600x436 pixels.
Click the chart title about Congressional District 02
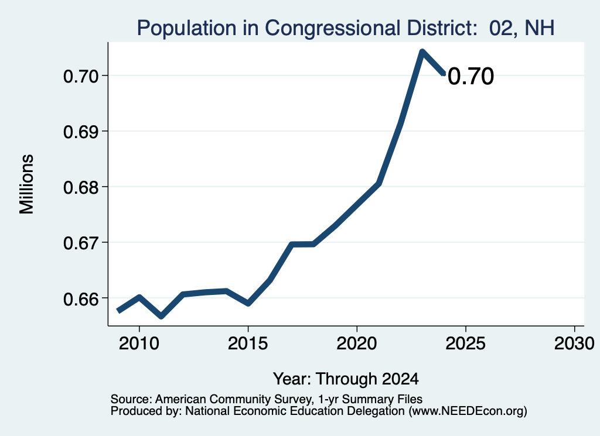coord(346,28)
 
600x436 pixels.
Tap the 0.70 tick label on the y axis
coord(81,77)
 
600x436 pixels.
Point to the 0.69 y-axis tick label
coord(81,132)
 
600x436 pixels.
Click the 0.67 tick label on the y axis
coord(81,243)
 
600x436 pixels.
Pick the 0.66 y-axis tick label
coord(81,299)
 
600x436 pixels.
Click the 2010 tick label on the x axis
coord(139,344)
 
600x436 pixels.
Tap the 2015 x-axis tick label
coord(248,344)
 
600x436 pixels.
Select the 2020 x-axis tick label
coord(357,344)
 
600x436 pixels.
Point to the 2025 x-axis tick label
coord(466,344)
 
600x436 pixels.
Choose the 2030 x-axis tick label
coord(574,344)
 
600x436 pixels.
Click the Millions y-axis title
coord(27,184)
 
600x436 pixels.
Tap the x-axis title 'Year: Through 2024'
coord(346,379)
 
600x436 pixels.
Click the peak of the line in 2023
coord(422,52)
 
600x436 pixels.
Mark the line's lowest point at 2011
coord(161,316)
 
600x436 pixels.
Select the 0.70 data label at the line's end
coord(471,76)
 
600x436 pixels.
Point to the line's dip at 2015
coord(248,303)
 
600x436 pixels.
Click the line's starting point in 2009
coord(118,311)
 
